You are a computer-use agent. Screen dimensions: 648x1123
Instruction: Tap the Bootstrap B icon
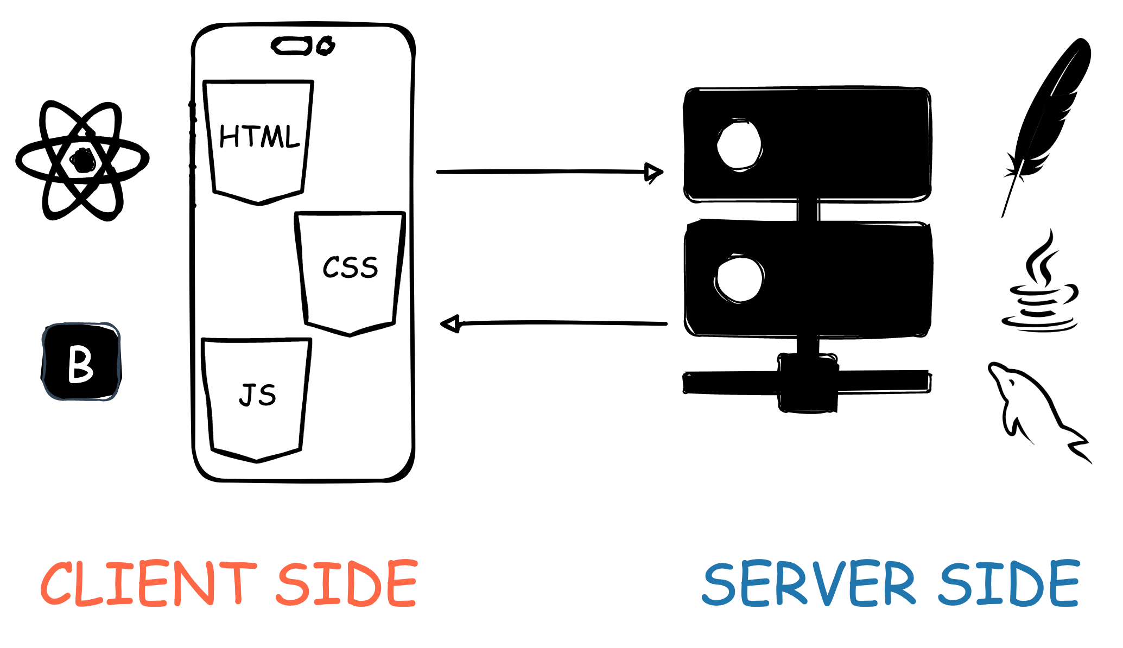click(x=81, y=362)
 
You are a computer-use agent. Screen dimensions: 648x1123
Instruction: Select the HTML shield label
click(x=259, y=136)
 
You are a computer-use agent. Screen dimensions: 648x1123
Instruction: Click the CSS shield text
click(x=350, y=268)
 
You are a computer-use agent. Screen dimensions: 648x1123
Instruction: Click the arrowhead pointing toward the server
click(x=654, y=173)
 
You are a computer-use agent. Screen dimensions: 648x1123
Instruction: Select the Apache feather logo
click(x=1046, y=119)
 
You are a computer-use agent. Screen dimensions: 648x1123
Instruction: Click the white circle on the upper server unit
click(x=739, y=145)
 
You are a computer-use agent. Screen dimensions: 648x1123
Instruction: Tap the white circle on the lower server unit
click(x=739, y=278)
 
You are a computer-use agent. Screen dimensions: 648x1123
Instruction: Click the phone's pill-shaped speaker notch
click(x=291, y=46)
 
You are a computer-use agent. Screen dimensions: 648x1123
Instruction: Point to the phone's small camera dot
click(x=326, y=46)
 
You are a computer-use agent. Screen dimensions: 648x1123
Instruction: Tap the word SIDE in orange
click(x=347, y=583)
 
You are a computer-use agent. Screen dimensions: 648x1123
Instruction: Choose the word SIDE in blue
click(x=1009, y=583)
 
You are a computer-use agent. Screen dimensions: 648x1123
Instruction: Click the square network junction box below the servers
click(x=808, y=383)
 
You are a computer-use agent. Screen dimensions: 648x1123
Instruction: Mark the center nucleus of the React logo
click(x=83, y=161)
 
